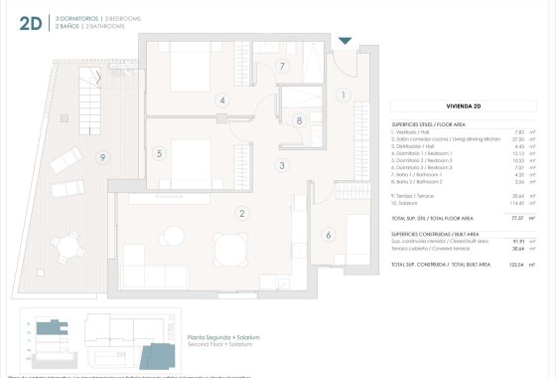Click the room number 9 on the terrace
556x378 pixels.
coord(101,157)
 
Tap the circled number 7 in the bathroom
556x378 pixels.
coord(282,67)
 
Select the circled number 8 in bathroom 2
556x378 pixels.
coord(299,121)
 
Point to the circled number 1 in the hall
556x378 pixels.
coord(344,95)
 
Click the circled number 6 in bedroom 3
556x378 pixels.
coord(329,235)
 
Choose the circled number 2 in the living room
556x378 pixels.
coord(240,213)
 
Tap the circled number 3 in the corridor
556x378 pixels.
coord(282,166)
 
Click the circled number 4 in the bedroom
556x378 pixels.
coord(222,100)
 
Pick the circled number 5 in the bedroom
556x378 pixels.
coord(159,153)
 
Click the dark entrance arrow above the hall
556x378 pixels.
coord(345,41)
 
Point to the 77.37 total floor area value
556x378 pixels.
coord(517,218)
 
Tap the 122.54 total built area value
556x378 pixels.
coord(516,266)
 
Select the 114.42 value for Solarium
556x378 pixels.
coord(517,203)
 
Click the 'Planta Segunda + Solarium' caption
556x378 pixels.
coord(223,338)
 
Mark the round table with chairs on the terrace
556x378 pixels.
coord(70,242)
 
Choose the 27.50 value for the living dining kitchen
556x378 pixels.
coord(517,139)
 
